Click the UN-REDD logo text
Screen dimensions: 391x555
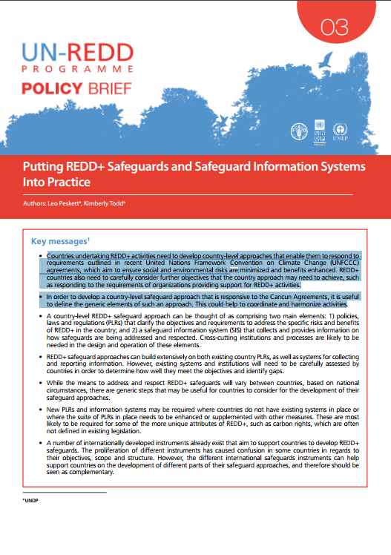coord(78,52)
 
